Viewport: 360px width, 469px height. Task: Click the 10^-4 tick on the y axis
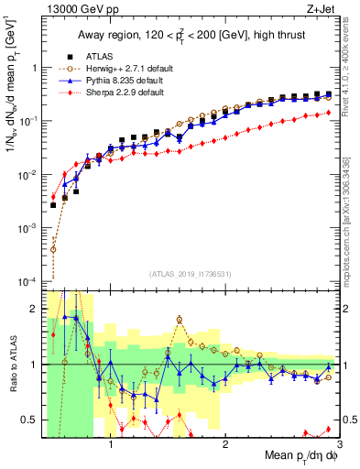pos(28,280)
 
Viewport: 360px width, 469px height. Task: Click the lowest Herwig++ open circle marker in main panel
pos(53,248)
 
